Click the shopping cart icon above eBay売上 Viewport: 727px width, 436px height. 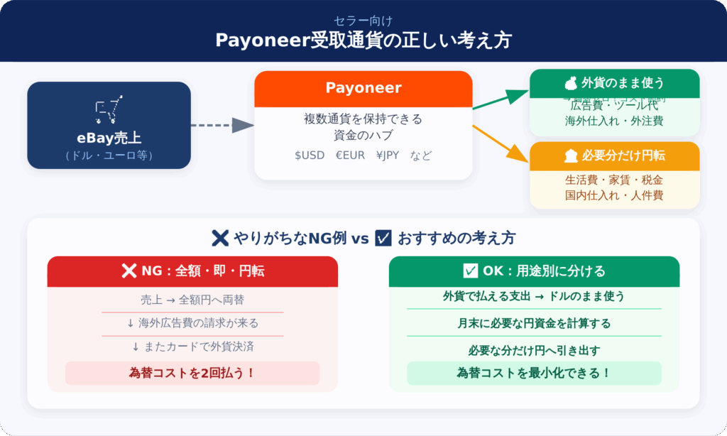coord(109,109)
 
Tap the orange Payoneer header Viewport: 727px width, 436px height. coord(363,88)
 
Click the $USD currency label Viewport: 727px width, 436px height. coord(310,155)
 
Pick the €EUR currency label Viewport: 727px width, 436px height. coord(350,155)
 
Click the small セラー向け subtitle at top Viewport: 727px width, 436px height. coord(363,21)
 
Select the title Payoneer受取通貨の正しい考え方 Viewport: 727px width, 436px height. coord(363,40)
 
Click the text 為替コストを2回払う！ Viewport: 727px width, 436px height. coord(192,373)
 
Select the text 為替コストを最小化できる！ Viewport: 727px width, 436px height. coord(534,373)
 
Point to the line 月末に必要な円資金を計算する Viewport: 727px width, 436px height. coord(534,323)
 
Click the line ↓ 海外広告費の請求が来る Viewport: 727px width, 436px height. coord(192,323)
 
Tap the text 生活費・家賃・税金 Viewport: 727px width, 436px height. coord(614,180)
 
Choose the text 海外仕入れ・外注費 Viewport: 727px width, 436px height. coord(614,121)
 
